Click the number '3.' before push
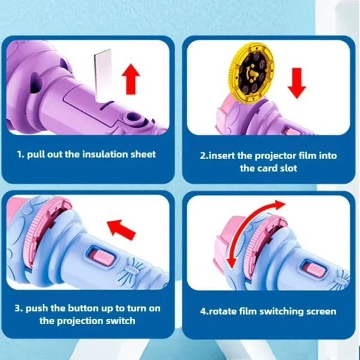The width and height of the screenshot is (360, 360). pyautogui.click(x=20, y=308)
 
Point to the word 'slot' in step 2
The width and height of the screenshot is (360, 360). pyautogui.click(x=284, y=169)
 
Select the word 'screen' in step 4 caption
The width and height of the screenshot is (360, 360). pyautogui.click(x=319, y=311)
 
